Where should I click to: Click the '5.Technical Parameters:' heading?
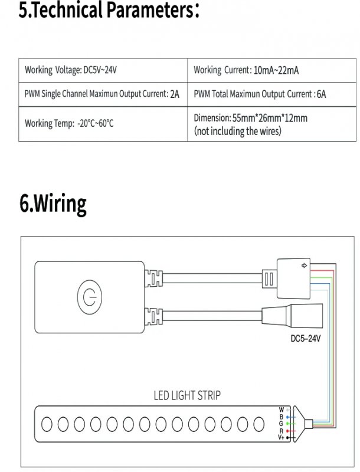click(109, 9)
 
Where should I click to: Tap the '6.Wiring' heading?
click(53, 204)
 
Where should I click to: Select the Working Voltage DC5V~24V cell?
click(103, 70)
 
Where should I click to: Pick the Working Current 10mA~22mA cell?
click(271, 70)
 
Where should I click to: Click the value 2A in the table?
click(175, 94)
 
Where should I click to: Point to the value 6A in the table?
click(321, 94)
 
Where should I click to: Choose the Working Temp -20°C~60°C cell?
click(103, 124)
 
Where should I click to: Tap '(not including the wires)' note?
click(237, 131)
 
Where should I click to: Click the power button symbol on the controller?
click(89, 297)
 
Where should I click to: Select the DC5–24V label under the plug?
click(305, 339)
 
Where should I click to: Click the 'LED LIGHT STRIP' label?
click(187, 395)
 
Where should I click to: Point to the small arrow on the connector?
click(304, 265)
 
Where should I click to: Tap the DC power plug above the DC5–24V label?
click(292, 316)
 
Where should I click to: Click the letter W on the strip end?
click(281, 409)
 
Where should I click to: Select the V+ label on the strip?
click(281, 437)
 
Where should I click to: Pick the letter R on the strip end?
click(282, 431)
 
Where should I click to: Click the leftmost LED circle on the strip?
click(47, 424)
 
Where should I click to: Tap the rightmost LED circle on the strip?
click(259, 424)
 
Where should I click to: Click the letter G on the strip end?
click(281, 424)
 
